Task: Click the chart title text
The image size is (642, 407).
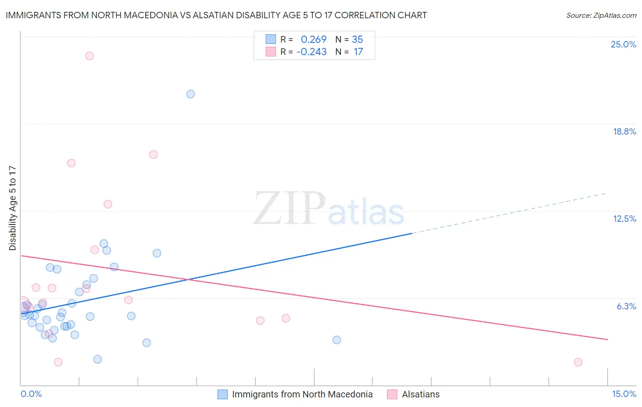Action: point(216,15)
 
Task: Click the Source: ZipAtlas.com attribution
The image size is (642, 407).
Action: point(601,16)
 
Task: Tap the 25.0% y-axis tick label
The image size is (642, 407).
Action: point(623,44)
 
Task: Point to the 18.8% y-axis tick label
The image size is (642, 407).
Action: point(624,131)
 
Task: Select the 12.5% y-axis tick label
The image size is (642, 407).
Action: point(624,219)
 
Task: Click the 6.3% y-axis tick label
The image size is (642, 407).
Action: point(626,306)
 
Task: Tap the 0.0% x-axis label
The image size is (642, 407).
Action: point(31,394)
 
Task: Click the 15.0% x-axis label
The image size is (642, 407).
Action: point(624,394)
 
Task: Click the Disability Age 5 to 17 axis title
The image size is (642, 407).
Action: point(12,208)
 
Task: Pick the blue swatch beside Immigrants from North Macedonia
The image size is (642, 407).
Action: point(222,394)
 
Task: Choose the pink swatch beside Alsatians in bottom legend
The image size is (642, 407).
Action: point(392,394)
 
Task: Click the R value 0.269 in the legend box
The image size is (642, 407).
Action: point(313,39)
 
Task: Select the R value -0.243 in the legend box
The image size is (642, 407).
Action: point(311,52)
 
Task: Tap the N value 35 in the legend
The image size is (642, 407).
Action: point(357,39)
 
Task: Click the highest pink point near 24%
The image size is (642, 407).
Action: point(89,56)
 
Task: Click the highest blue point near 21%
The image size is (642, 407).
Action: point(190,94)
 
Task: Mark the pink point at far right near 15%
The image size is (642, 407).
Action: point(578,362)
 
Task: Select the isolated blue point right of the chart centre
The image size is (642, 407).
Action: point(337,340)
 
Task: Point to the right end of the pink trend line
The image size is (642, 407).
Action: point(607,339)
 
